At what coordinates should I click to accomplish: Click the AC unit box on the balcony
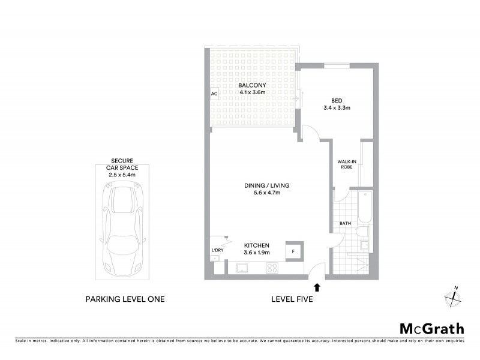coord(214,94)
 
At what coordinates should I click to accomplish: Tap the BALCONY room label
coord(253,85)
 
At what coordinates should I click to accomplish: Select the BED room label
coord(336,101)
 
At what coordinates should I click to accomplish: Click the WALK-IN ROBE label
coord(346,164)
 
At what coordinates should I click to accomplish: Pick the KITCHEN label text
coord(256,245)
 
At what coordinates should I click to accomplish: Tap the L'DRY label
coord(217,250)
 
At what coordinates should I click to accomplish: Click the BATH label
coord(345,224)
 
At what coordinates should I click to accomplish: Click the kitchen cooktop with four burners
coord(272,268)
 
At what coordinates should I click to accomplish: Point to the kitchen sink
coord(242,268)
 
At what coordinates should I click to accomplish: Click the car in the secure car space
coord(124,231)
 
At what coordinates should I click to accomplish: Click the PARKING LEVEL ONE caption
coord(125,299)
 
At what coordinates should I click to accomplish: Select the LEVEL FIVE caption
coord(292,299)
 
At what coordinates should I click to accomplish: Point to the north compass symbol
coord(452,296)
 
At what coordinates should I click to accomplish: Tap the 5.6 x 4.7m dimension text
coord(259,193)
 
